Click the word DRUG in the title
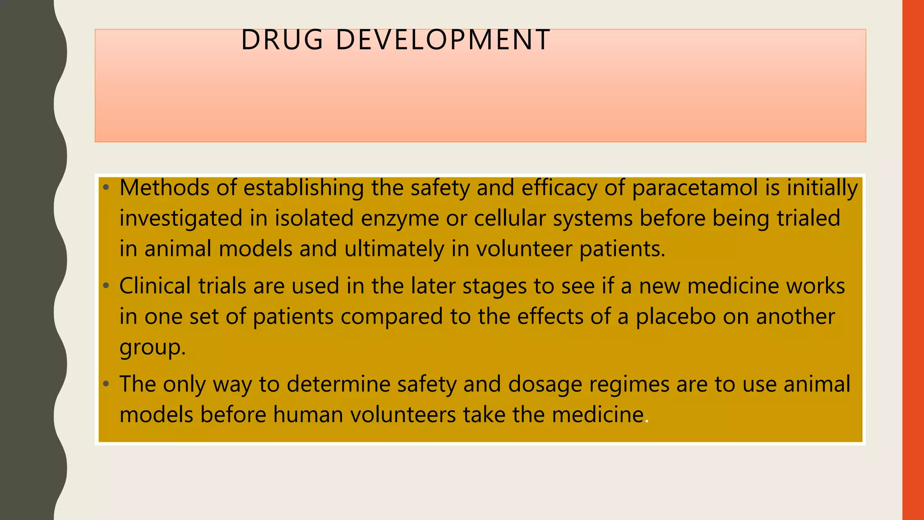(x=282, y=40)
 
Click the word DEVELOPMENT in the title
(x=443, y=40)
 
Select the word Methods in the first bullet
(x=164, y=188)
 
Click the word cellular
(x=510, y=218)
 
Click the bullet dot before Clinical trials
(x=106, y=286)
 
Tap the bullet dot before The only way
(x=106, y=385)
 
